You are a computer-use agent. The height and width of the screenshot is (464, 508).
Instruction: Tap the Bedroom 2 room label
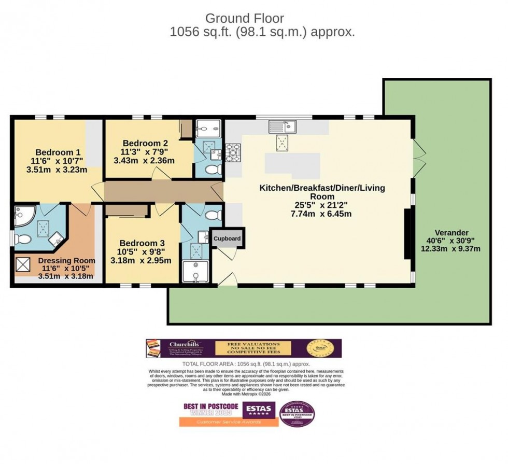click(145, 143)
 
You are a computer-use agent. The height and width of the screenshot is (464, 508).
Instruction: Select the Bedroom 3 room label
click(142, 243)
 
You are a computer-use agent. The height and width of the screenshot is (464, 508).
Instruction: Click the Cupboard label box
click(227, 238)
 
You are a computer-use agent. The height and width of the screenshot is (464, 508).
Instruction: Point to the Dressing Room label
click(66, 261)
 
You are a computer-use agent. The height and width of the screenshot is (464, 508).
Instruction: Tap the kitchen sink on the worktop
click(282, 126)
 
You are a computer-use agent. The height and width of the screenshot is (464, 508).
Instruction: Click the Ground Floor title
click(245, 18)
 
